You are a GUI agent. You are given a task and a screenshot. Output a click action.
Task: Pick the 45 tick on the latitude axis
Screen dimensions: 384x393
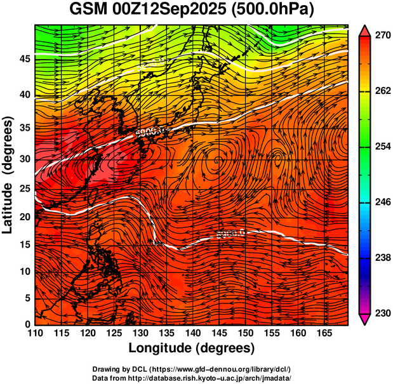click(x=23, y=59)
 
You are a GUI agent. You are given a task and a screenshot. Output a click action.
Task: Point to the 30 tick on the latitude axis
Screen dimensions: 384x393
click(x=23, y=159)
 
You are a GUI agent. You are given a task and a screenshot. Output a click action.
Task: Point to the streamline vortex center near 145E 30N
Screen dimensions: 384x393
click(x=218, y=159)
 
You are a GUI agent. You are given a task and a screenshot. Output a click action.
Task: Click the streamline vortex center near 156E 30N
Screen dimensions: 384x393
click(x=277, y=156)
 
